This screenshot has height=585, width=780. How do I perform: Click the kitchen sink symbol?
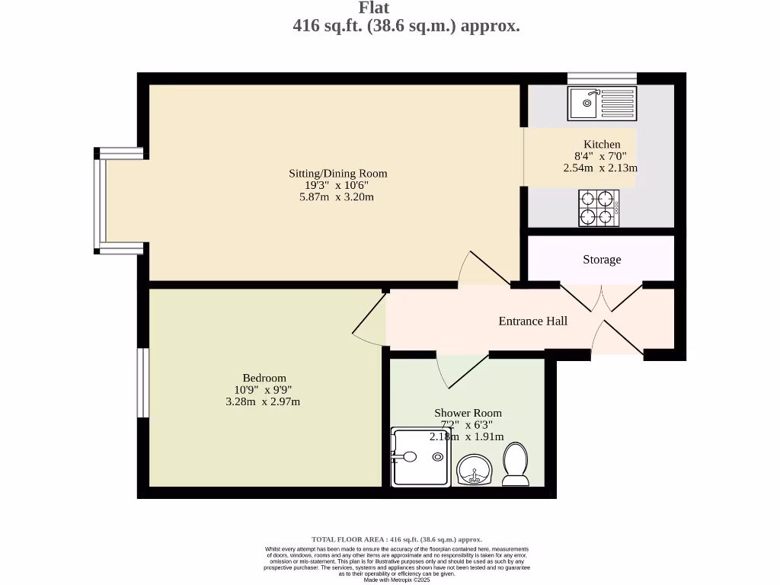click(x=602, y=104)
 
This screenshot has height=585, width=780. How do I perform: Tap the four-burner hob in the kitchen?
click(x=599, y=208)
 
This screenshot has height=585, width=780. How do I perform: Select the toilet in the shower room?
click(x=516, y=465)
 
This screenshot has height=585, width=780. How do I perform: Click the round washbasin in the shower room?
click(x=475, y=470)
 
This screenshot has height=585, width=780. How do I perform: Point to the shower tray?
click(x=421, y=457)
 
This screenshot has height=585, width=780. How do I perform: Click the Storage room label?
click(x=602, y=260)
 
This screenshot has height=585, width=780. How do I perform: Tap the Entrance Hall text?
click(x=532, y=321)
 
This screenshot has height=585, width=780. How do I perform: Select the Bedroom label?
click(x=264, y=378)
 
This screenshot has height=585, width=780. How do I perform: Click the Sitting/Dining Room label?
click(x=337, y=174)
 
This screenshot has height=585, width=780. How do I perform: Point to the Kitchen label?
click(x=602, y=145)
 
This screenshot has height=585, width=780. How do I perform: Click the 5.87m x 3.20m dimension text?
click(x=337, y=197)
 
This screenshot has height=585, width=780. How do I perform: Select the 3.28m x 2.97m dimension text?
click(x=263, y=401)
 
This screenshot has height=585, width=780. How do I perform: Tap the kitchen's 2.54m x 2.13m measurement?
click(x=600, y=168)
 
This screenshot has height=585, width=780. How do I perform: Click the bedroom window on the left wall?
click(x=142, y=382)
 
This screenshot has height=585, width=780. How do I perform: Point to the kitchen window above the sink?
click(x=602, y=78)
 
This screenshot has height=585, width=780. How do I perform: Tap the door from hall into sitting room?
click(x=484, y=270)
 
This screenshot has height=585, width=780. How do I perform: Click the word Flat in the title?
click(x=374, y=8)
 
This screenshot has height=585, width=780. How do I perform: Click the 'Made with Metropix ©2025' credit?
click(x=397, y=580)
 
